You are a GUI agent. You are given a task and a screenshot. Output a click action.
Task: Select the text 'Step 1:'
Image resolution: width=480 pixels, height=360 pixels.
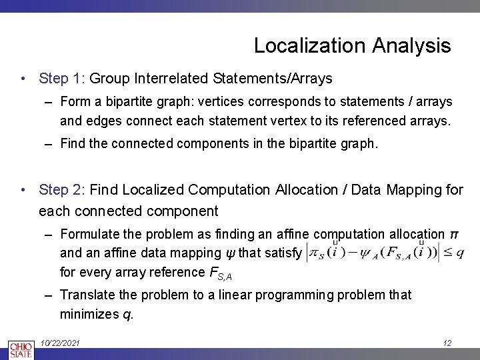pyautogui.click(x=62, y=79)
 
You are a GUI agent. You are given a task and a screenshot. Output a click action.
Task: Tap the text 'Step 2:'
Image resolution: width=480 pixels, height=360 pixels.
pyautogui.click(x=62, y=190)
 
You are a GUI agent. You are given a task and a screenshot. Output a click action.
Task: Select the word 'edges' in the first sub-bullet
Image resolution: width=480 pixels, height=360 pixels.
pyautogui.click(x=104, y=121)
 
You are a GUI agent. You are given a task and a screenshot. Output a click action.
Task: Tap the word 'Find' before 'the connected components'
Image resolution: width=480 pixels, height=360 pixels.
pyautogui.click(x=73, y=143)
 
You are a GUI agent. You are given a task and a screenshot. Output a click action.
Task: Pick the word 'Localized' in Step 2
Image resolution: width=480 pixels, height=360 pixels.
pyautogui.click(x=152, y=190)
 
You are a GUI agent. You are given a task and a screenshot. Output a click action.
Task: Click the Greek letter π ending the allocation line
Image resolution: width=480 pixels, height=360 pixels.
pyautogui.click(x=454, y=235)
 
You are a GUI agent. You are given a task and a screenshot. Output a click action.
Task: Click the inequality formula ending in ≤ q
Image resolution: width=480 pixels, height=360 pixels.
pyautogui.click(x=385, y=254)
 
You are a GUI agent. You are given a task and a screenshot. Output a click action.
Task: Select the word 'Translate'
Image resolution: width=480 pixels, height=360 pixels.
pyautogui.click(x=85, y=295)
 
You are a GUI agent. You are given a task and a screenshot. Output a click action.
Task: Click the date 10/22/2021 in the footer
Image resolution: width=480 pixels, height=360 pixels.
pyautogui.click(x=60, y=343)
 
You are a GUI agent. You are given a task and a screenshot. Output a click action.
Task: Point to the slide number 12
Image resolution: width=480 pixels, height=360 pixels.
pyautogui.click(x=447, y=343)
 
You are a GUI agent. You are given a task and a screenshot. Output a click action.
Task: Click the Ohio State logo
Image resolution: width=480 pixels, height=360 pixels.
pyautogui.click(x=20, y=349)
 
